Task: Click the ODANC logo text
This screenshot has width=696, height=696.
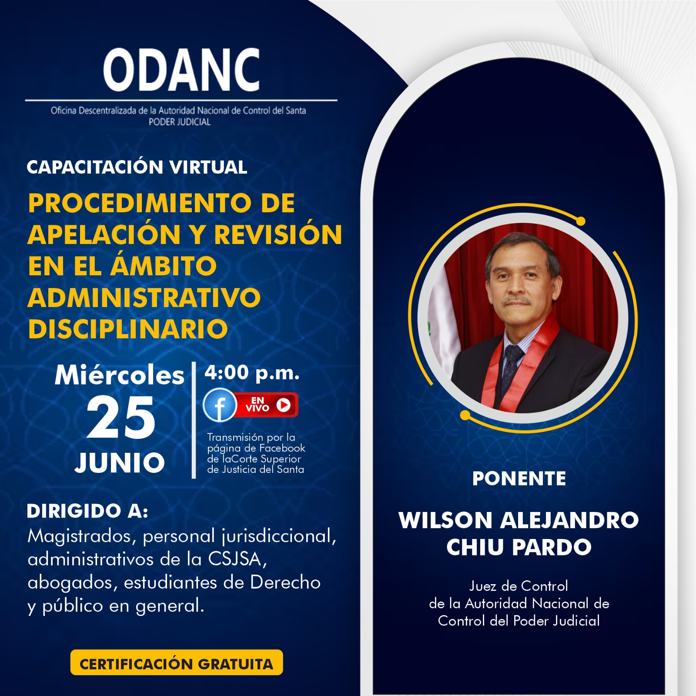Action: [181, 70]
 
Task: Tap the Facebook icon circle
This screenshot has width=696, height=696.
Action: [220, 405]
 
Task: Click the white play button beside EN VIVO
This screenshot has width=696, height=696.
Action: [284, 405]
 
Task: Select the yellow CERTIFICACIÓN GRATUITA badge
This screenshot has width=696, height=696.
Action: [177, 663]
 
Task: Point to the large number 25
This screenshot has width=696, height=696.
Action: [121, 418]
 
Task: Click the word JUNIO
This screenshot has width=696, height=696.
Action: [120, 462]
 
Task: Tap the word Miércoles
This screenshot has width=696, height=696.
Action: [120, 375]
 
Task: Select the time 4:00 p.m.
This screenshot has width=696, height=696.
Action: [252, 373]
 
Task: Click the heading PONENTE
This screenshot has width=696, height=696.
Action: [519, 478]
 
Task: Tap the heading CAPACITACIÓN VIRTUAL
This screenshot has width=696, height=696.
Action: [137, 167]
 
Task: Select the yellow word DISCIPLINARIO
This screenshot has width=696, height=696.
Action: [128, 329]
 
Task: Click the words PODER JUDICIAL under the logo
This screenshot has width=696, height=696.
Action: [180, 122]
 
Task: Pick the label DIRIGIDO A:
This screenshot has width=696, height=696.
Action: [87, 511]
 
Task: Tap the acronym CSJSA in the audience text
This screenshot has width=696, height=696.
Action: [235, 559]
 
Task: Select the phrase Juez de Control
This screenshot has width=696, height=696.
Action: [519, 586]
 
